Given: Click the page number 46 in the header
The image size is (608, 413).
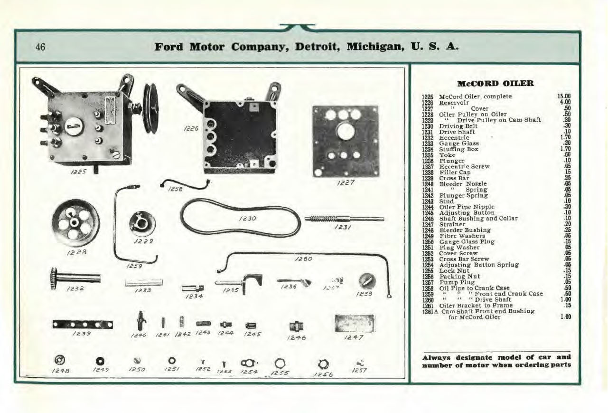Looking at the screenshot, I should point(40,47).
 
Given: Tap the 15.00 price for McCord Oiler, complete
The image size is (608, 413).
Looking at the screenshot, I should point(563,96).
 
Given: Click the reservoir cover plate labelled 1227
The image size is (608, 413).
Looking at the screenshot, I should point(346,141).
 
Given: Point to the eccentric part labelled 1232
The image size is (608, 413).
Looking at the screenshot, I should point(75,277).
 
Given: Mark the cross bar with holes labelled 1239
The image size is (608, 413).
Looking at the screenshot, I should point(83,324).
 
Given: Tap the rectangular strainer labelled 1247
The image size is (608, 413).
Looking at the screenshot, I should point(355,323).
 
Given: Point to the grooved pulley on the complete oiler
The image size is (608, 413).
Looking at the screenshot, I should point(151,108).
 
